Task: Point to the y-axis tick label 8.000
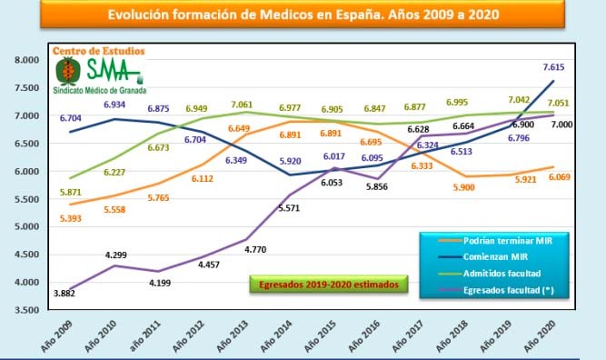pos(27,60)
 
